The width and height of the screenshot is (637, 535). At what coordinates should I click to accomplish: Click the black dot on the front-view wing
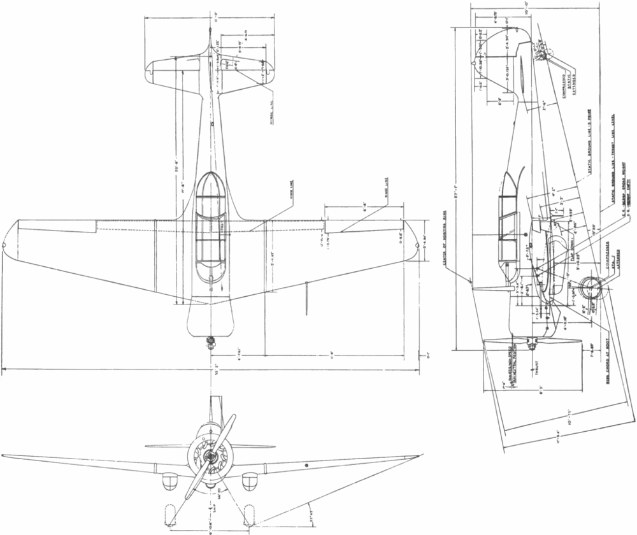point(307,466)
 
